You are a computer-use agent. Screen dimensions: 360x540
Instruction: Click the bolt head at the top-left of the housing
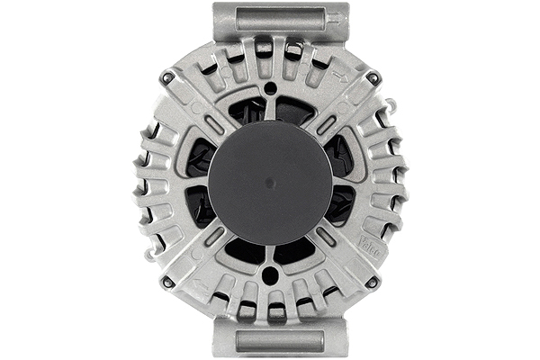click(x=167, y=79)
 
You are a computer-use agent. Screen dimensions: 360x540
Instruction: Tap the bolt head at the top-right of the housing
click(x=373, y=79)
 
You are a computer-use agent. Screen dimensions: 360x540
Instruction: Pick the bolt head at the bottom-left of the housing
click(x=167, y=282)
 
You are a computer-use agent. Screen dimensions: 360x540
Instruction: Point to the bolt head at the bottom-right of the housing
click(x=372, y=282)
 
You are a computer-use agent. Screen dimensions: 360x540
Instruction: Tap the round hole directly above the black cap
click(x=270, y=89)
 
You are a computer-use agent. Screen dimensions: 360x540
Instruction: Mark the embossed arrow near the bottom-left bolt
click(x=200, y=286)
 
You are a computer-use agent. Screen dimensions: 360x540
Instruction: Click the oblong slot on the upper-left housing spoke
click(x=214, y=124)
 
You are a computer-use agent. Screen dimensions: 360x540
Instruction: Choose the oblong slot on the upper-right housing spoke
click(x=326, y=124)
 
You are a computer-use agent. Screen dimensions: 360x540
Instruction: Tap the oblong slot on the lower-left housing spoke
click(x=214, y=237)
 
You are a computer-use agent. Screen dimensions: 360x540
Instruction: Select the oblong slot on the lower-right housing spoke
click(x=326, y=237)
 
